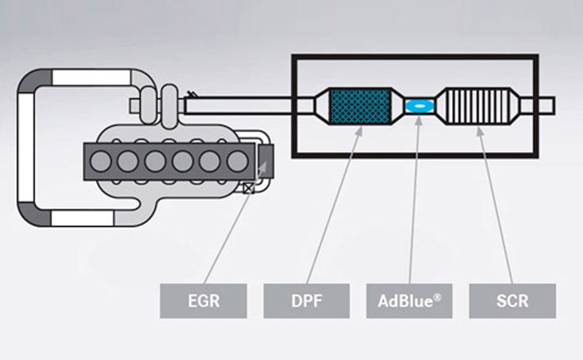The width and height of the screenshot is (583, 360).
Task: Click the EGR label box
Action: click(203, 300)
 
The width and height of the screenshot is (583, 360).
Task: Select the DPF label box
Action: click(306, 300)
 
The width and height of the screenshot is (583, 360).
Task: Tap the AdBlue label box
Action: click(409, 300)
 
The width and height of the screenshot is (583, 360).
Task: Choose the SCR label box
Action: click(512, 300)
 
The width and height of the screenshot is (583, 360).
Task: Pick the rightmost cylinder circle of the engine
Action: click(237, 160)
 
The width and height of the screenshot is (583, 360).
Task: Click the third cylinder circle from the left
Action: click(154, 160)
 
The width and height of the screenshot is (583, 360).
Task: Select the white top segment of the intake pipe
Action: click(91, 78)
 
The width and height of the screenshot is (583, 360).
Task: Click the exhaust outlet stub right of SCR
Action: click(545, 104)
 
